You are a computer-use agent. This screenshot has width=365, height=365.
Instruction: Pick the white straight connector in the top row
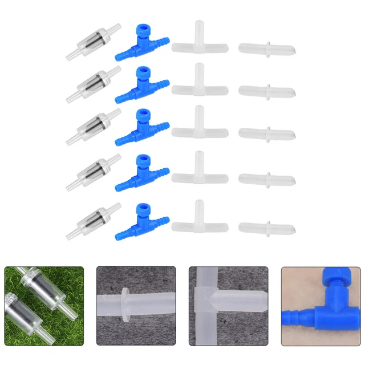click(266, 47)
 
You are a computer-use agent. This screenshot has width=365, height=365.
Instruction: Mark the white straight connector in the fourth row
click(266, 178)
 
